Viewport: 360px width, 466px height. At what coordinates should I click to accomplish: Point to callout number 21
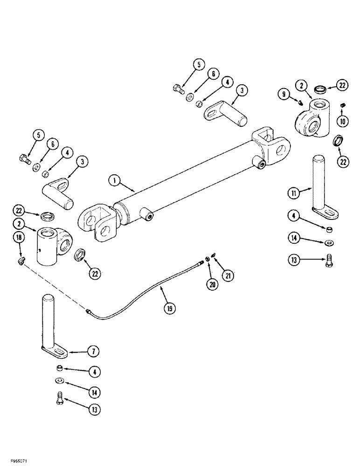click(228, 276)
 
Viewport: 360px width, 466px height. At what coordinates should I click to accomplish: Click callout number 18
click(18, 237)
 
